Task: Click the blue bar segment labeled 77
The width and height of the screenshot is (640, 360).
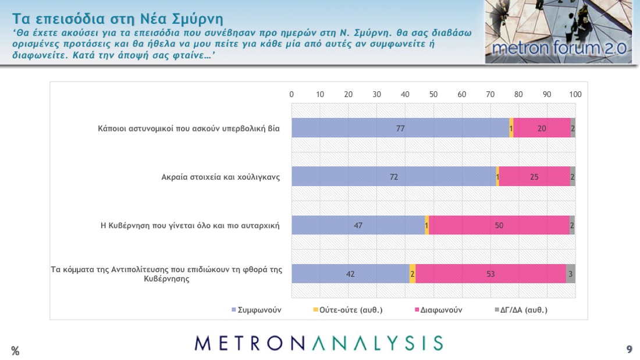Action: [400, 128]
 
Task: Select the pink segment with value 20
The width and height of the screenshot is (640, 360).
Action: [542, 128]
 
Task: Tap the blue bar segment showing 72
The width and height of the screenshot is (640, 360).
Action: [393, 177]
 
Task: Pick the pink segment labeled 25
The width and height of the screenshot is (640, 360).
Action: [534, 177]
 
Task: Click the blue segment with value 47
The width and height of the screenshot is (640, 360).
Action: [358, 225]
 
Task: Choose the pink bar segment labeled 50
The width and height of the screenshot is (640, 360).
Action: [499, 225]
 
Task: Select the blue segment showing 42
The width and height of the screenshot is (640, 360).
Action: [350, 274]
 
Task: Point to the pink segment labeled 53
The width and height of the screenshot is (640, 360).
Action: [490, 274]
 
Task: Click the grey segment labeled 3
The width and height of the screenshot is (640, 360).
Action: [571, 274]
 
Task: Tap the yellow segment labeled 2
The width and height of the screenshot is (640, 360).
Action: [413, 274]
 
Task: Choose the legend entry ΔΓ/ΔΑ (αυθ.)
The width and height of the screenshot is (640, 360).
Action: [524, 310]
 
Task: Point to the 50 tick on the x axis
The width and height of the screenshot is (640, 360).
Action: [433, 94]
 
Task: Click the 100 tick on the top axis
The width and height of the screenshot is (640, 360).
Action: [575, 94]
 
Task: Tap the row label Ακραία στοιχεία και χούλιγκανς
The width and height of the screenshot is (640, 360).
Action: [221, 177]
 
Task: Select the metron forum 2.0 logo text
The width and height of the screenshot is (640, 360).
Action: [559, 49]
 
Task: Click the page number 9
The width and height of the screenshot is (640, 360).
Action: [629, 349]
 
